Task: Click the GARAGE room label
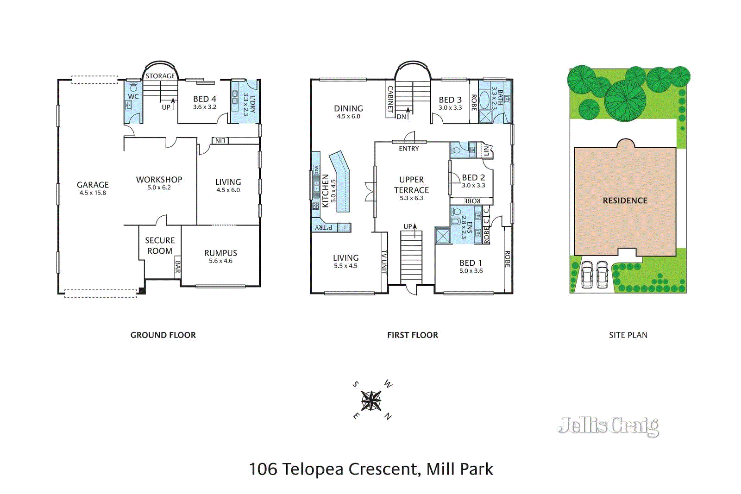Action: [x=93, y=185]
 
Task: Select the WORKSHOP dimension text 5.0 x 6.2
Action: [x=159, y=188]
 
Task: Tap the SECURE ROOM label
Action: [x=160, y=245]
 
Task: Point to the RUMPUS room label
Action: [x=220, y=253]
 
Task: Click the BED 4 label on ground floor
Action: [x=204, y=99]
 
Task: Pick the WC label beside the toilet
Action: [x=133, y=96]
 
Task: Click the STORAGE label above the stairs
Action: [x=160, y=76]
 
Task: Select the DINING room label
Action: [x=348, y=108]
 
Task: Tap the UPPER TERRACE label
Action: [x=411, y=185]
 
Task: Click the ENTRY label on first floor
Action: [x=408, y=149]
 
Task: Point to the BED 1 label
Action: [x=471, y=263]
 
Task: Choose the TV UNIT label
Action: [x=384, y=262]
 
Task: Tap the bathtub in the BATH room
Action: [x=484, y=100]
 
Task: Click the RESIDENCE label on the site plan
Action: [x=625, y=200]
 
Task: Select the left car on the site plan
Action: [x=587, y=275]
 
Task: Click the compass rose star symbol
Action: [x=371, y=400]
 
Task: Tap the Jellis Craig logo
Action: [x=608, y=426]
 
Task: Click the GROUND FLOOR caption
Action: [x=163, y=335]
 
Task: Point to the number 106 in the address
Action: [x=263, y=469]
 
